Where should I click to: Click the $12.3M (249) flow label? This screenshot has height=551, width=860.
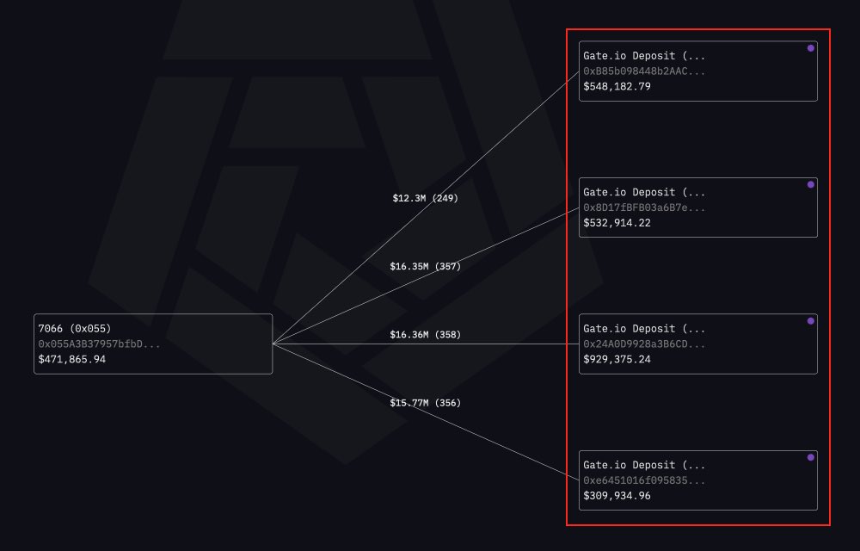425,198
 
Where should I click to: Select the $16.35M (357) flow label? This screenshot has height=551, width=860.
425,266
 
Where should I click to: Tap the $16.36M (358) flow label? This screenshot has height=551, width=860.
425,334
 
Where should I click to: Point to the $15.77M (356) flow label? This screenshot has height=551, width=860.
425,402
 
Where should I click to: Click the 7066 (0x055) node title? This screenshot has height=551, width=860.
75,328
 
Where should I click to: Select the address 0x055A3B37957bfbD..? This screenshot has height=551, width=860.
99,344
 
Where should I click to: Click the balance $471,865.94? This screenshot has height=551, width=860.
78,359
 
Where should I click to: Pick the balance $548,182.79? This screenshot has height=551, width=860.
617,86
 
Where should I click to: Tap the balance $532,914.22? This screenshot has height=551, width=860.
617,222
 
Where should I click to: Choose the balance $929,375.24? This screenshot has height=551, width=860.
617,359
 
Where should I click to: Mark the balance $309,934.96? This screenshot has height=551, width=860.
617,495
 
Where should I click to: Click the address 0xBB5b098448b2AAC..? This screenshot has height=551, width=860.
644,71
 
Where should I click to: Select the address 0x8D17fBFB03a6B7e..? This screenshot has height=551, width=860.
644,207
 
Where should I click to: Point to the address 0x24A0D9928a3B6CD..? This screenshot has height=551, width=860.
644,344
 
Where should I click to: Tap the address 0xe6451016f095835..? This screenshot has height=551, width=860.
644,480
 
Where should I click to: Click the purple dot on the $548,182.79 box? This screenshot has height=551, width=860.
810,48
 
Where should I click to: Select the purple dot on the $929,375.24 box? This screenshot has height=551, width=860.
810,321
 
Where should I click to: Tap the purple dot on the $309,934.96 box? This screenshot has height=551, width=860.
810,457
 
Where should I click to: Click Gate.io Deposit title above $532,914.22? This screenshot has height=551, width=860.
644,192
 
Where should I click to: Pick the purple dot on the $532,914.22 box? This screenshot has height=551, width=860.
810,184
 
